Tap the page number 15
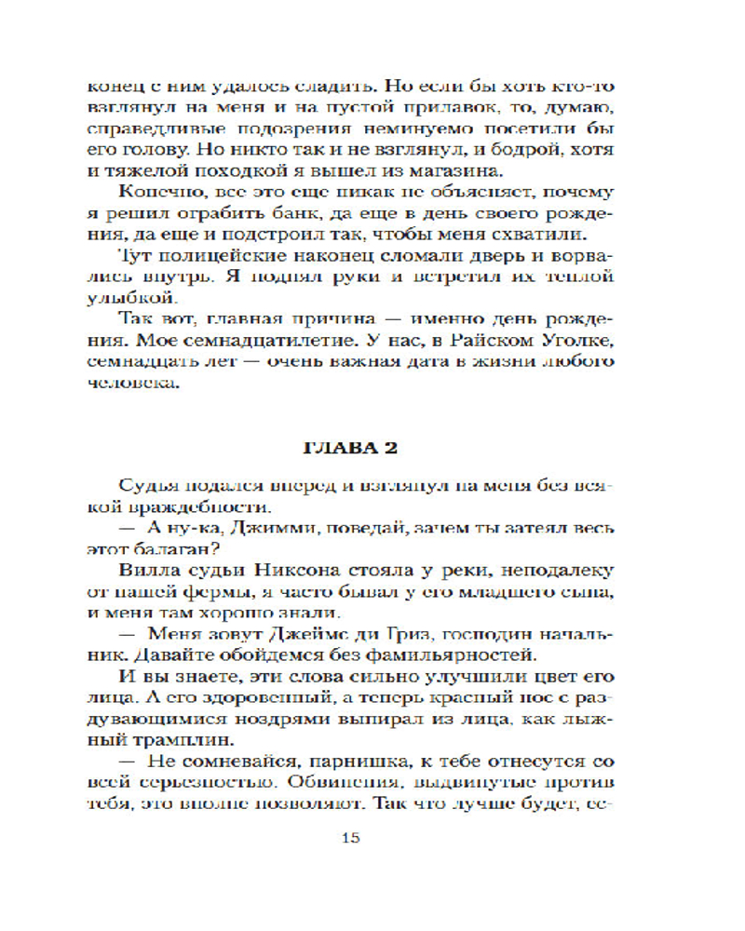pos(350,837)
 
